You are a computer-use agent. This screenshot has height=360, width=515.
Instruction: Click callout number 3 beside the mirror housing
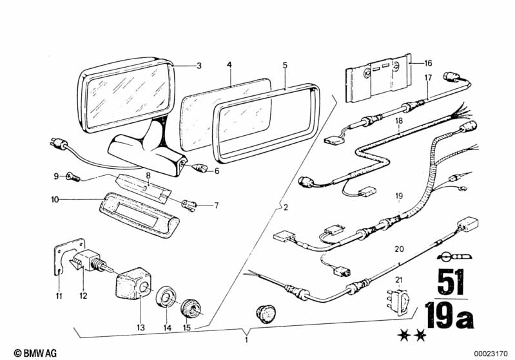point(199,66)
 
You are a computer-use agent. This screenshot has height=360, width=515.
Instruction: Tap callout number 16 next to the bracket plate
point(428,63)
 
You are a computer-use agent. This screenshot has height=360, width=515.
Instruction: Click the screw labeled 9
point(73,177)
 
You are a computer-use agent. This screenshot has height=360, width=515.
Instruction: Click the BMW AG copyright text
point(35,353)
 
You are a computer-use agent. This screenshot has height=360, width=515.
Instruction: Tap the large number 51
point(451,282)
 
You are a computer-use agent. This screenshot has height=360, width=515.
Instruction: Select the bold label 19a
point(450,316)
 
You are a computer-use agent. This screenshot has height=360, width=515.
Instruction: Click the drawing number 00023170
point(491,354)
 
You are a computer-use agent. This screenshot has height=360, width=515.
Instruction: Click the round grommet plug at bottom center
point(266,314)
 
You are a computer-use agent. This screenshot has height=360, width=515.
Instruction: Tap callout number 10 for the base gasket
point(55,199)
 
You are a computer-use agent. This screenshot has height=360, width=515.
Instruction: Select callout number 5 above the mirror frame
point(285,65)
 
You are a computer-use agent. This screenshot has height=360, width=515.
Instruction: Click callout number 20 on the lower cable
point(399,249)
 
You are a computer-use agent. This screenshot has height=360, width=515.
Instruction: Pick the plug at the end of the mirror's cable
point(59,144)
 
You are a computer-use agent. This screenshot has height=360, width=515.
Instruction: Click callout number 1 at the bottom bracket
point(246,340)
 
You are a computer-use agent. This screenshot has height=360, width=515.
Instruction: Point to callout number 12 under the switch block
point(83,296)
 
